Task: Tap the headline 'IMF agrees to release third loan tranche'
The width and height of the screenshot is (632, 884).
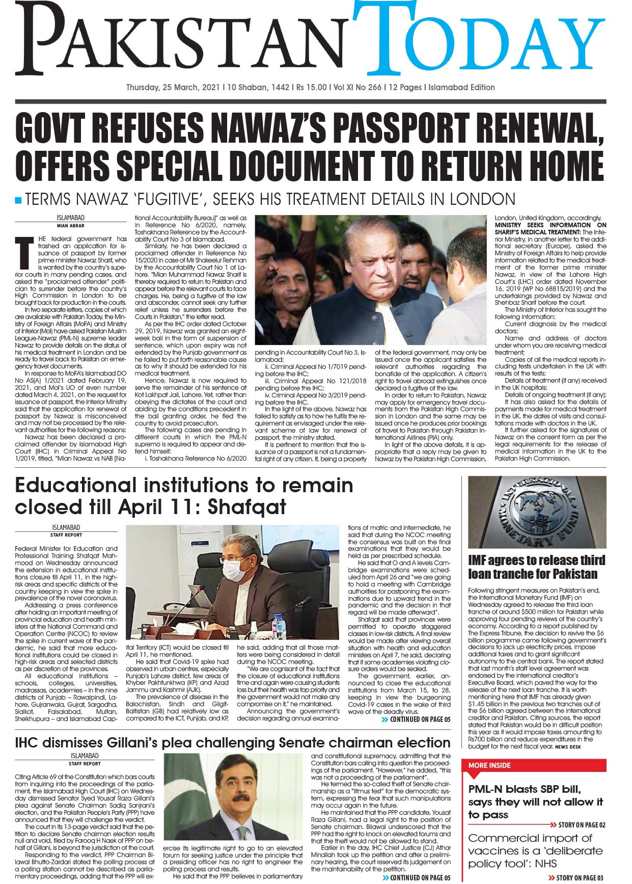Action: (x=536, y=567)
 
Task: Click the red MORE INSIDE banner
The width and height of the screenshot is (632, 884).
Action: (x=533, y=765)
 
